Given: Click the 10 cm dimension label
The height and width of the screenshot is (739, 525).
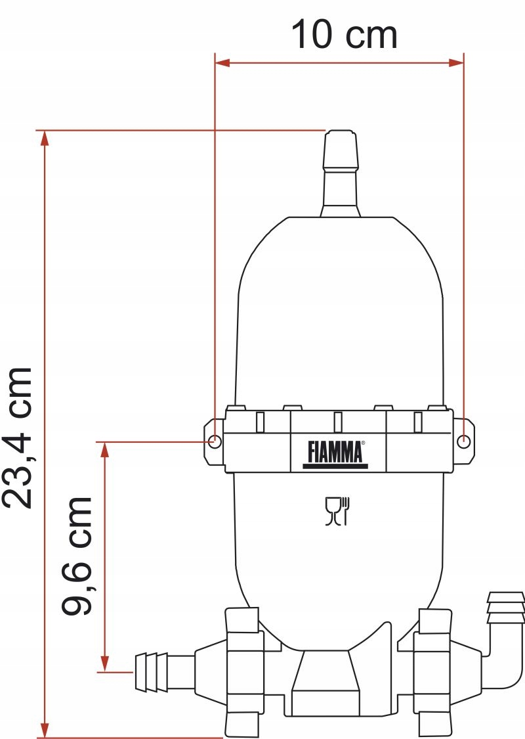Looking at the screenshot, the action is click(x=344, y=34).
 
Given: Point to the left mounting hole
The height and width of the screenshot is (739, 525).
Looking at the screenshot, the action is click(x=214, y=441).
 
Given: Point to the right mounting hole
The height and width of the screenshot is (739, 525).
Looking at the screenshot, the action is click(x=464, y=441).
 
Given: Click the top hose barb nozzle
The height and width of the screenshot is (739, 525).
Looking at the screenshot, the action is click(x=341, y=173).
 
